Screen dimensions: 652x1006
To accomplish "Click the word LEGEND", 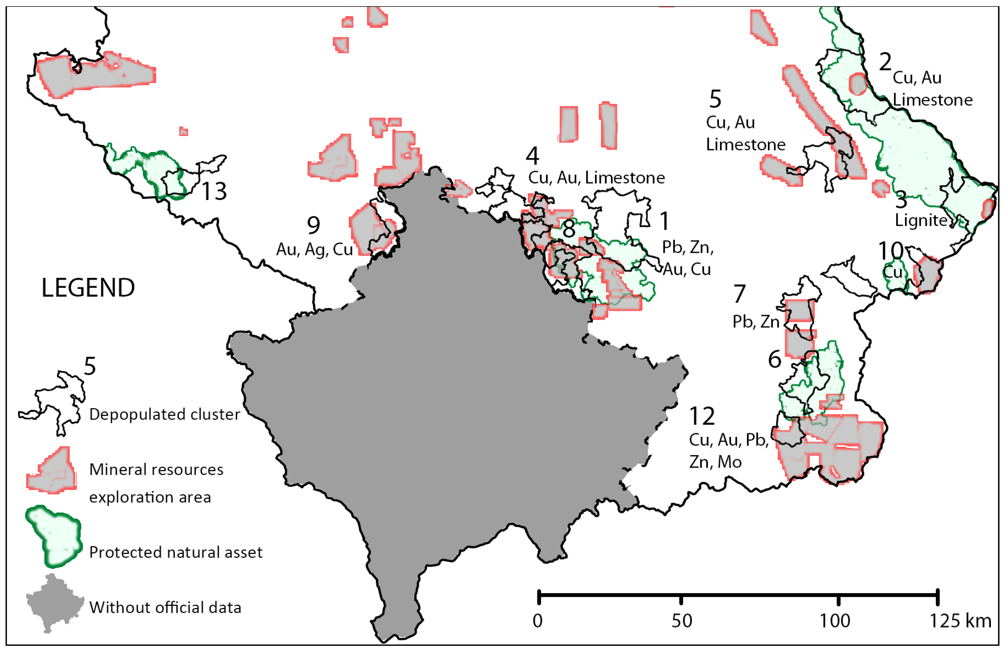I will pyautogui.click(x=88, y=288).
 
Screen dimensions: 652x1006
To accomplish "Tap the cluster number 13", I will pyautogui.click(x=214, y=191).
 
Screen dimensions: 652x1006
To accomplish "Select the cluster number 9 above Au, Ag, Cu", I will pyautogui.click(x=313, y=225).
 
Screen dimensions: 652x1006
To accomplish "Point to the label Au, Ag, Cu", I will pyautogui.click(x=314, y=250).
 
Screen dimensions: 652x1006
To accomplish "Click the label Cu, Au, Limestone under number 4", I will pyautogui.click(x=596, y=178).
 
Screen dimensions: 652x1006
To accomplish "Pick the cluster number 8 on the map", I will pyautogui.click(x=568, y=229).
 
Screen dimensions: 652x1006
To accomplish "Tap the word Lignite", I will pyautogui.click(x=921, y=220).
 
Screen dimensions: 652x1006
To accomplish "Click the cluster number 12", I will pyautogui.click(x=702, y=416).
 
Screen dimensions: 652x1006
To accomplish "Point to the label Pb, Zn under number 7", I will pyautogui.click(x=755, y=322).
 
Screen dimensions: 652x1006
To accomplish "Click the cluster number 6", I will pyautogui.click(x=774, y=359).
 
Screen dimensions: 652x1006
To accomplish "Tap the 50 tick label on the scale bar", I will pyautogui.click(x=681, y=621).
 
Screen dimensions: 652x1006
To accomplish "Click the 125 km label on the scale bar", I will pyautogui.click(x=960, y=621).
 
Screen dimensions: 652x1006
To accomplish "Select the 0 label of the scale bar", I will pyautogui.click(x=537, y=621).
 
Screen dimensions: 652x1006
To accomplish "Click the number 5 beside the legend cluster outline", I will pyautogui.click(x=89, y=366).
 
